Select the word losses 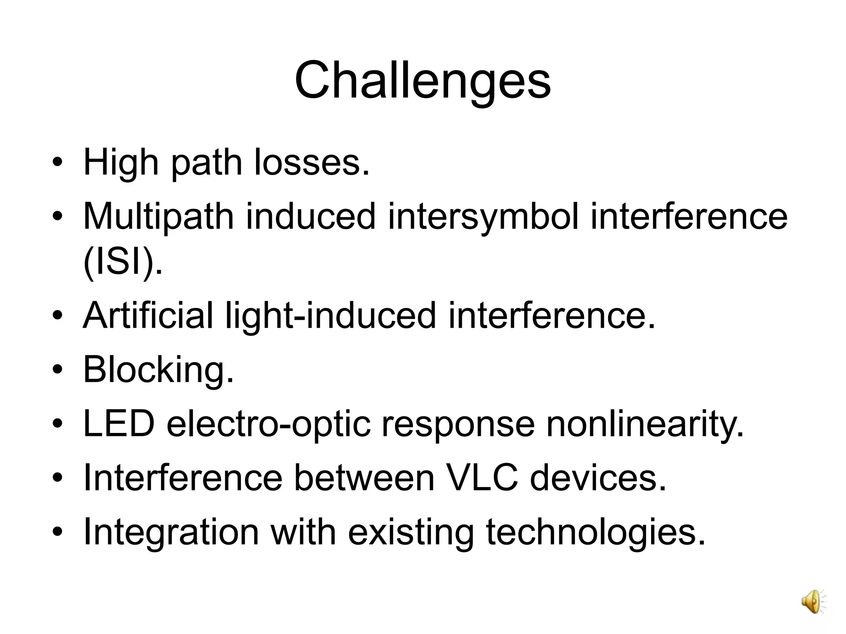click(x=312, y=163)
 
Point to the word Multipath click(x=159, y=217)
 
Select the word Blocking click(x=159, y=370)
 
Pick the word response click(x=458, y=425)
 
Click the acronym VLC click(x=482, y=478)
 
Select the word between click(x=364, y=478)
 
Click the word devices click(x=598, y=478)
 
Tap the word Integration click(x=171, y=532)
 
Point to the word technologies click(x=595, y=532)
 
